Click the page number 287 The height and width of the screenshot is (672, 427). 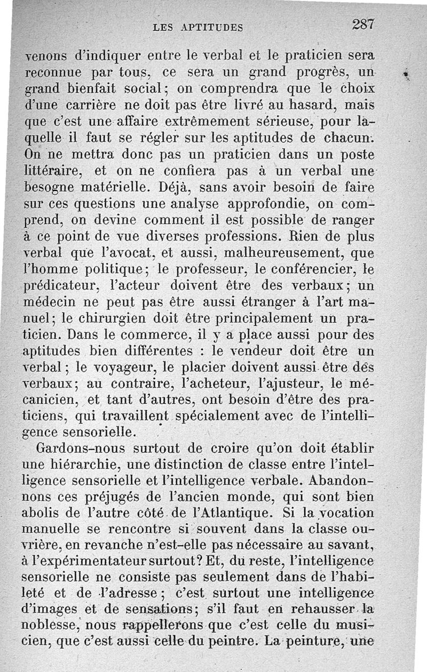tap(364, 25)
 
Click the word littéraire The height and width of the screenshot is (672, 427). tap(52, 172)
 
